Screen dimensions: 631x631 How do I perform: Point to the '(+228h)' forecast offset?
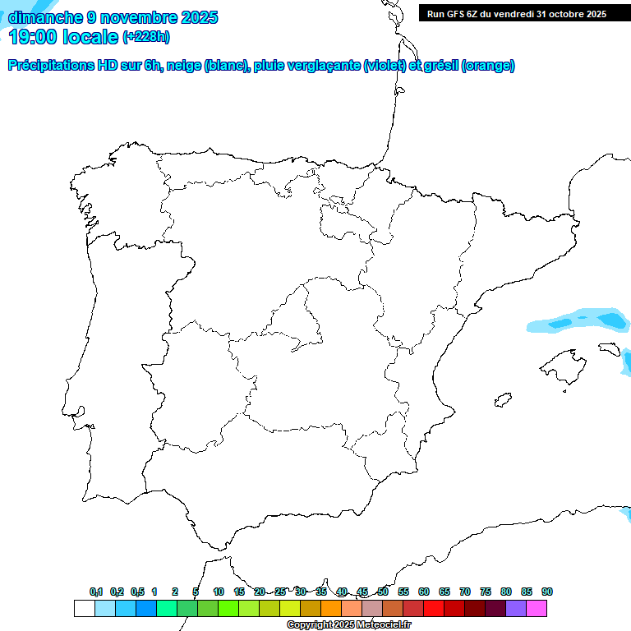coord(145,37)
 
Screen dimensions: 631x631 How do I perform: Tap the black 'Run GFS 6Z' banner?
coord(516,13)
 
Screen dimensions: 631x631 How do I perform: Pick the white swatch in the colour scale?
coord(84,609)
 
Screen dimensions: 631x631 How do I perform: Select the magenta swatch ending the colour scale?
coord(537,609)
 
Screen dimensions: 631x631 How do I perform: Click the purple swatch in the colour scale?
coord(516,609)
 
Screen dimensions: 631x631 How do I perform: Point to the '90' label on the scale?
coord(547,592)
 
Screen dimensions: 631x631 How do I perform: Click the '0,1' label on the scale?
coord(96,592)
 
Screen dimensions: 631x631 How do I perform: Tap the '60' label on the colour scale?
coord(424,592)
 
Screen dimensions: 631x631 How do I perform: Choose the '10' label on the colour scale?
coord(219,592)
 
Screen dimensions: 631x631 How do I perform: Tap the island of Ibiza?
coord(503,400)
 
